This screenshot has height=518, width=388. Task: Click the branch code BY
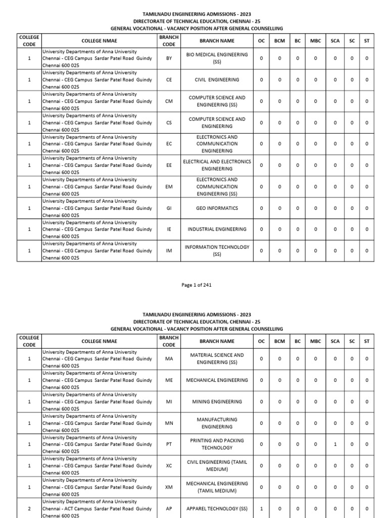point(169,58)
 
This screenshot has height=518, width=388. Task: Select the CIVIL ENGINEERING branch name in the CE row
point(217,80)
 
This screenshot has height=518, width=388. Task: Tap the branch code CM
point(169,101)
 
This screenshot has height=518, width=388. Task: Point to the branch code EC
point(169,144)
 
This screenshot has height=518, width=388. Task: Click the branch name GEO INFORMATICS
point(217,208)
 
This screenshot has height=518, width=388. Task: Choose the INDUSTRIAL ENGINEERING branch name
point(217,229)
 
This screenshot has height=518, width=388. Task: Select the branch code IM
point(169,250)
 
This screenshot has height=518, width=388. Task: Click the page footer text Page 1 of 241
point(197,285)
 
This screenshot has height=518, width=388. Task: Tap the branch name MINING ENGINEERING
point(217,402)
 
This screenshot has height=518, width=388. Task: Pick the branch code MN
point(169,423)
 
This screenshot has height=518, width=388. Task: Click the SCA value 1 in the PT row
point(335,444)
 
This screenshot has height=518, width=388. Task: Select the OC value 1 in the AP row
point(261,508)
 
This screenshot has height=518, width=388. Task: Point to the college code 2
point(29,508)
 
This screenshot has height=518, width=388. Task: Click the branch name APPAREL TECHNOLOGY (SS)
point(217,508)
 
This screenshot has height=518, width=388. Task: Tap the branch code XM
point(169,487)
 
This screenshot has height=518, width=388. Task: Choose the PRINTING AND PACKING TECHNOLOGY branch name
point(217,444)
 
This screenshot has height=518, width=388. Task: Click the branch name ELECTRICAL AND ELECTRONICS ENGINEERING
point(217,165)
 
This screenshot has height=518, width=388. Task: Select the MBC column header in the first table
point(315,40)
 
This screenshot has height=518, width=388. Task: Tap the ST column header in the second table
point(366,341)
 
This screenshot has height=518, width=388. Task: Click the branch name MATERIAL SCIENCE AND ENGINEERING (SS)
point(217,359)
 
